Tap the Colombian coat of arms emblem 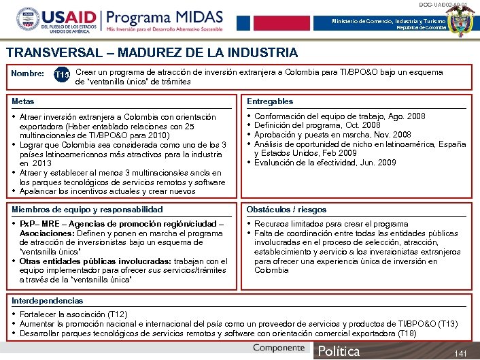(x=463, y=21)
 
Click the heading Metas (x=23, y=101)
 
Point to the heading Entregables (x=270, y=101)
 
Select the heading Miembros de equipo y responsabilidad (x=88, y=210)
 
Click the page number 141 (x=460, y=353)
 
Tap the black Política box (x=339, y=351)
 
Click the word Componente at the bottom (x=279, y=348)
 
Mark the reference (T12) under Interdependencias (x=118, y=314)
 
